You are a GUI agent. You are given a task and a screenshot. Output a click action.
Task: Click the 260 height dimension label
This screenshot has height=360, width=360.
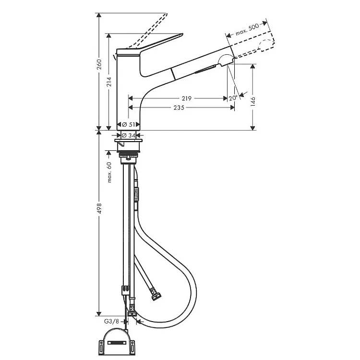[x=99, y=65]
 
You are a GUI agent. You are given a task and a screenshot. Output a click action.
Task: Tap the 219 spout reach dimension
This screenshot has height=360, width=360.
[x=187, y=98]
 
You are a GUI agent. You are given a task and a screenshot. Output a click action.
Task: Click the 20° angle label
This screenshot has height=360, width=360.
[x=234, y=97]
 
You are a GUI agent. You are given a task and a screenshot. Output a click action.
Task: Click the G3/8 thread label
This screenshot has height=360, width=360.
[x=111, y=321]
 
